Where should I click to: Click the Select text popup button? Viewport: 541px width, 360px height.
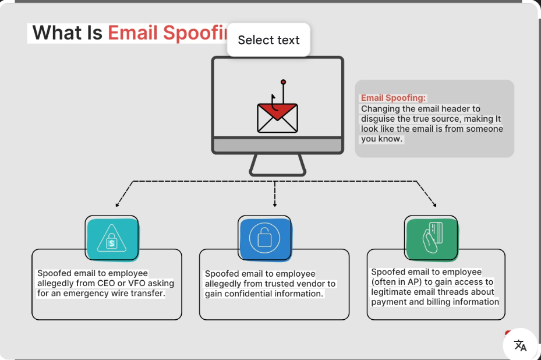click(x=268, y=40)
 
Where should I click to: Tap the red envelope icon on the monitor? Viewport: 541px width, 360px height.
click(x=277, y=118)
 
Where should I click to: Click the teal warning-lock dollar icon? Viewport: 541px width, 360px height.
click(x=112, y=238)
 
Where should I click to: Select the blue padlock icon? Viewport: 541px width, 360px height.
click(x=264, y=238)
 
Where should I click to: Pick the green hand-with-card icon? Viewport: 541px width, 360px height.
click(x=431, y=237)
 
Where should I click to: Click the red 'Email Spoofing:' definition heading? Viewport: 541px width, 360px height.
click(x=393, y=98)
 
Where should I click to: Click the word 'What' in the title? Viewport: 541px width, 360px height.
click(x=56, y=33)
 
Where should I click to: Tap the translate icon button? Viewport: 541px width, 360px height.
click(x=520, y=345)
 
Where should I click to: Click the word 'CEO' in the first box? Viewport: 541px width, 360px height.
click(x=106, y=283)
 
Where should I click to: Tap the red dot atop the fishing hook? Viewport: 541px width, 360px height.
click(x=283, y=82)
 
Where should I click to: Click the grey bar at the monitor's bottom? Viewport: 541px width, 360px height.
click(x=277, y=145)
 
